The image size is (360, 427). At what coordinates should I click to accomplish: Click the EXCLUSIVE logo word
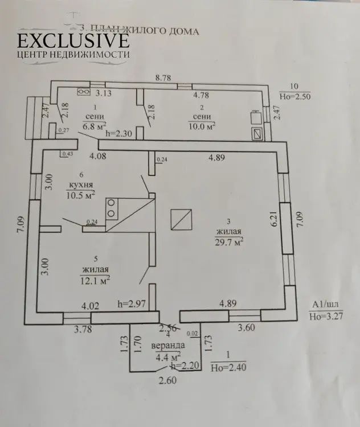tap(72, 40)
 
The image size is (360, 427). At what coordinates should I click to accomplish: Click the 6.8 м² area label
tap(95, 126)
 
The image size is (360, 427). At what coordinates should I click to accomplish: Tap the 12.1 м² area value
tap(96, 280)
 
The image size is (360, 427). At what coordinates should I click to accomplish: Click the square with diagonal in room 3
tap(182, 219)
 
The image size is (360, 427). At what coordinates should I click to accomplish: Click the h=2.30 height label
tap(119, 134)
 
